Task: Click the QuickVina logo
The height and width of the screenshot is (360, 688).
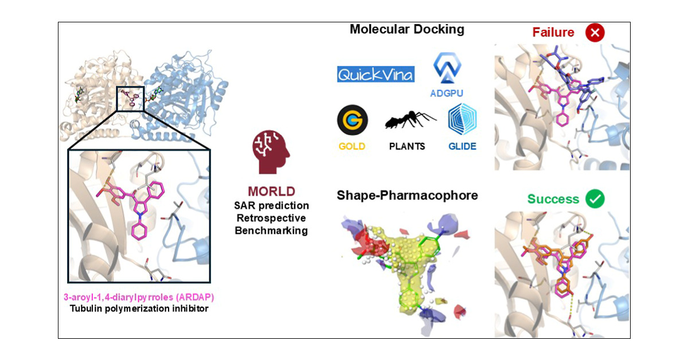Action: [x=376, y=75]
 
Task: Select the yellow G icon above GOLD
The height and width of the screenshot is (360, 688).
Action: [x=353, y=120]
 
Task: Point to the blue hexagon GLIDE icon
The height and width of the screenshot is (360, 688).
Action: [x=462, y=119]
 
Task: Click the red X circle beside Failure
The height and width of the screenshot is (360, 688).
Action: [x=596, y=33]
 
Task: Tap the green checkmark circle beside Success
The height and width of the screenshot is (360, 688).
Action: [x=596, y=199]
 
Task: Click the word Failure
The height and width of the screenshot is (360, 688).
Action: [x=554, y=33]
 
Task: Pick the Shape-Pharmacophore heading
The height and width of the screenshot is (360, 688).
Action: [x=408, y=196]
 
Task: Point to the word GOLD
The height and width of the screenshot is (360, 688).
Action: [x=352, y=146]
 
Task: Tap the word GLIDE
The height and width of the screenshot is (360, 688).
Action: [x=462, y=146]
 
